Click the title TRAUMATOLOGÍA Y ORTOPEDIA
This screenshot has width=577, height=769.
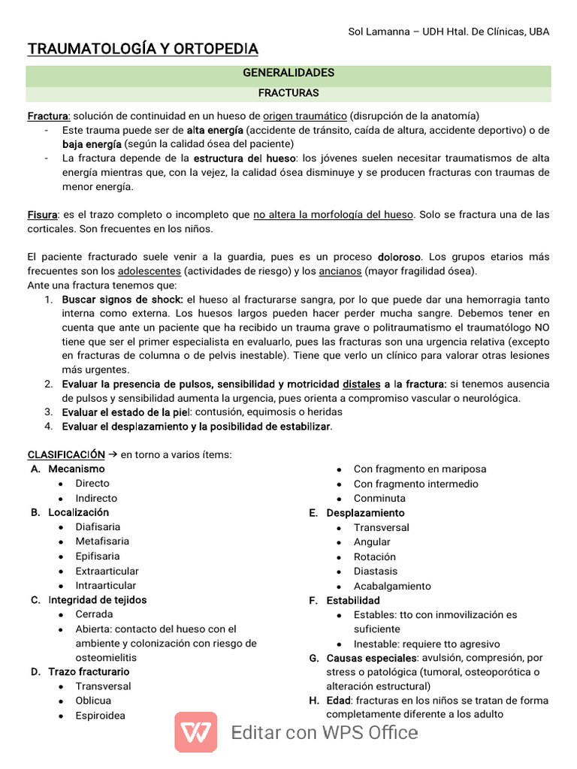click(143, 50)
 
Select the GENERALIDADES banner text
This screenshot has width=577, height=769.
click(288, 73)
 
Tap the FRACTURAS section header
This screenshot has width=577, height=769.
click(288, 93)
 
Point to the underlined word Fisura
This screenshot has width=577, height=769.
click(42, 215)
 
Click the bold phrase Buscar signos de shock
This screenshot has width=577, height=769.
click(122, 299)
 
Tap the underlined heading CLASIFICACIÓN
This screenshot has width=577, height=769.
click(66, 454)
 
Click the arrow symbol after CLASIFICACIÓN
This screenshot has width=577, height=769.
click(113, 454)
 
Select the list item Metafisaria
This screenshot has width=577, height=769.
click(102, 541)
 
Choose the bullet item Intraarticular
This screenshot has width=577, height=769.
click(106, 585)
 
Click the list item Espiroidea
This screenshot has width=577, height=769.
click(100, 716)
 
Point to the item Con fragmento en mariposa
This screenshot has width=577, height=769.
click(419, 469)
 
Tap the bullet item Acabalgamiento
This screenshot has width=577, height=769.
click(392, 586)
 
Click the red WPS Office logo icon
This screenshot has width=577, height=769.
click(196, 731)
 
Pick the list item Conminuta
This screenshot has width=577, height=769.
click(379, 498)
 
